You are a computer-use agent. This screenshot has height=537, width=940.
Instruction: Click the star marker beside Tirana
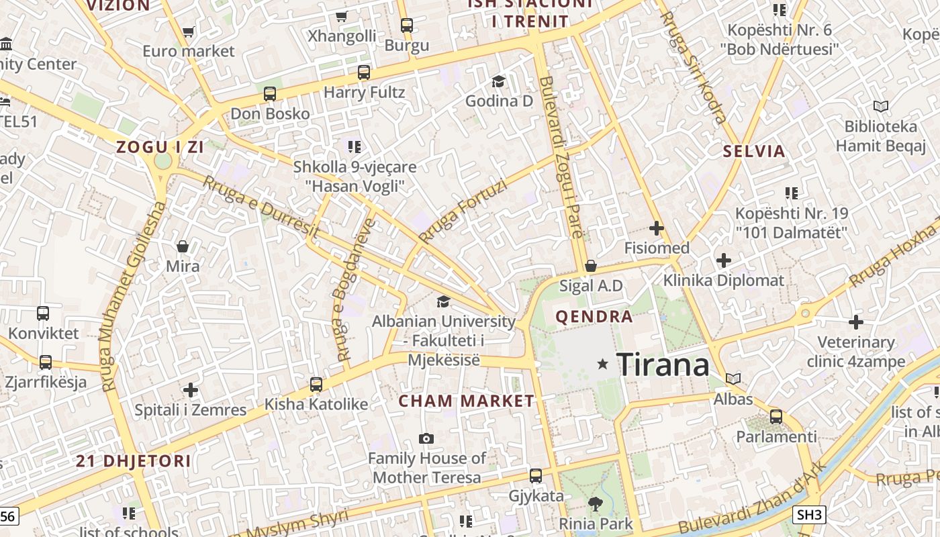[603, 364]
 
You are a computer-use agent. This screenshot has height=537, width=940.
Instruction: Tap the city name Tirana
[663, 365]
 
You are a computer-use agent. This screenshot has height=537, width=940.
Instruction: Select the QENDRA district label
[594, 316]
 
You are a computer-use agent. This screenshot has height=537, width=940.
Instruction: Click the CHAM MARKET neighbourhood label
[467, 401]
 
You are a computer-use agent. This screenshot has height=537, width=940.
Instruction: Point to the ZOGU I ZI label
[160, 147]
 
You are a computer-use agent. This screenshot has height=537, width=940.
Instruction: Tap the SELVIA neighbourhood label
[754, 151]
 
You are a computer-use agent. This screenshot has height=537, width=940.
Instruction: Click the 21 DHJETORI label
[134, 461]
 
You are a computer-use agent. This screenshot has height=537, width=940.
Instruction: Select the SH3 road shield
[809, 515]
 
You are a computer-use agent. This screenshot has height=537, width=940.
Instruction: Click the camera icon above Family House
[426, 439]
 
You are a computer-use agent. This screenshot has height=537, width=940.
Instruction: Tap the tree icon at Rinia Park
[595, 503]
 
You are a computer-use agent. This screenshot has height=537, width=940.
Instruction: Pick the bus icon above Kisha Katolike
[316, 385]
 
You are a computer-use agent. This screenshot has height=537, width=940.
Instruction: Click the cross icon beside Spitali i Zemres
[191, 389]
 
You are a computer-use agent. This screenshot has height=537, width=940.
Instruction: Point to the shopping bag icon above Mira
[182, 246]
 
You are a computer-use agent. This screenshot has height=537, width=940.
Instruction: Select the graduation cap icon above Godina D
[498, 81]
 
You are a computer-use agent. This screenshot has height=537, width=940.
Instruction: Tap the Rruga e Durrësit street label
[261, 206]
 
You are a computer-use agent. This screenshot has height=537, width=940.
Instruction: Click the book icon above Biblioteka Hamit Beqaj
[880, 106]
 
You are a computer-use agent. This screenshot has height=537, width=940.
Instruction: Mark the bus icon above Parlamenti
[776, 416]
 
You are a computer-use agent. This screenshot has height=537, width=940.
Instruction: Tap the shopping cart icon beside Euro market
[189, 32]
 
